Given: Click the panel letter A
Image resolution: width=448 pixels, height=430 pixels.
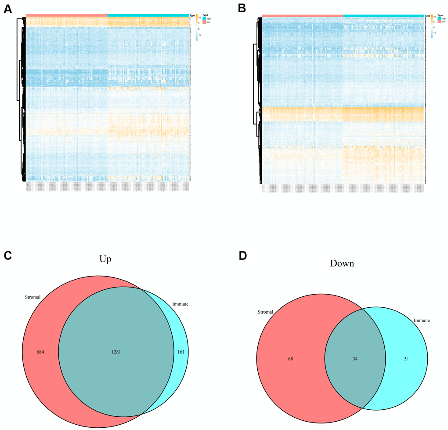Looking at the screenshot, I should point(7,10).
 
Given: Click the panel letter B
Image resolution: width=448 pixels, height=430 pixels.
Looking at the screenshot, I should point(242,9).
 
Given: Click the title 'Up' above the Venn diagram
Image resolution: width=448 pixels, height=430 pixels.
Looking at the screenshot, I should point(105,259).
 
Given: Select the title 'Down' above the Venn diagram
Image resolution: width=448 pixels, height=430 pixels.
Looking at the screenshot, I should point(343,264).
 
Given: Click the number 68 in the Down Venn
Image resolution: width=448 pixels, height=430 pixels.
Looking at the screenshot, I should point(290,358).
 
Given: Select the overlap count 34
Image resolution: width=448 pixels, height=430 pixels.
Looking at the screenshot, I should point(354,358).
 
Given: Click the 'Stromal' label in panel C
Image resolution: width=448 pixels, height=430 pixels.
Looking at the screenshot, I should point(33,297).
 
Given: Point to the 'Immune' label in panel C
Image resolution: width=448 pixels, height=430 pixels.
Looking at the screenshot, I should point(181,303).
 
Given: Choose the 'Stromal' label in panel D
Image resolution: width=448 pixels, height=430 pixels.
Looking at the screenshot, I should point(265,312).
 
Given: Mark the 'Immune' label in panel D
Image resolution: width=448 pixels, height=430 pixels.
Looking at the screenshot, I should point(422,321).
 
